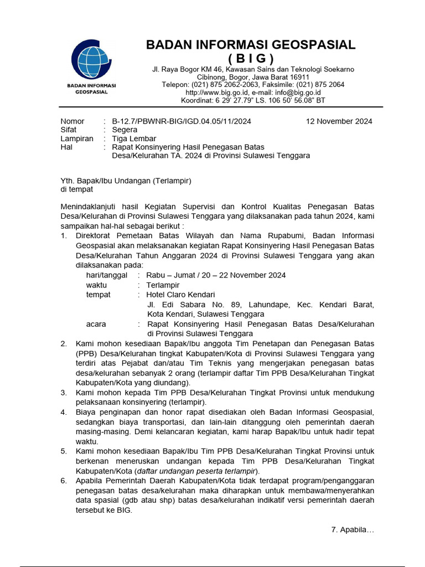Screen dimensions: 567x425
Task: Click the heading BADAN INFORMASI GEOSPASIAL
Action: (251, 45)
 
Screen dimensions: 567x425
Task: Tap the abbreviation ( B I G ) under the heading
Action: (251, 59)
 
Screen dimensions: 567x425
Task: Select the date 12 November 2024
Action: (339, 121)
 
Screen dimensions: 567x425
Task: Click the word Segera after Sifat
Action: (125, 130)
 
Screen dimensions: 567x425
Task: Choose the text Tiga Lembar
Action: (134, 138)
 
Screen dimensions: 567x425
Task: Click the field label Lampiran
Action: (77, 138)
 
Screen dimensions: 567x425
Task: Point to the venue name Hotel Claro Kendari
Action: (180, 295)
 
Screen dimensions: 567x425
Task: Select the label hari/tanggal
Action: (107, 275)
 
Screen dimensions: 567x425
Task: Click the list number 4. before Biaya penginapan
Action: (64, 412)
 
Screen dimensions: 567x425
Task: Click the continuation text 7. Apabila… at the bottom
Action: (353, 530)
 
